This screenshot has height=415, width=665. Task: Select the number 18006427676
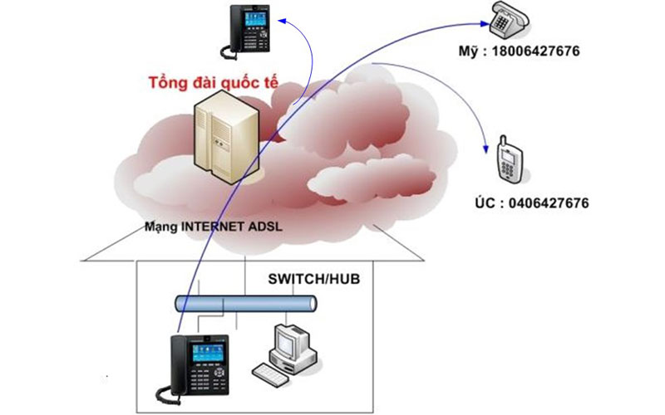click(x=535, y=51)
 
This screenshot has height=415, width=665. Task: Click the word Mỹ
click(x=469, y=51)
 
